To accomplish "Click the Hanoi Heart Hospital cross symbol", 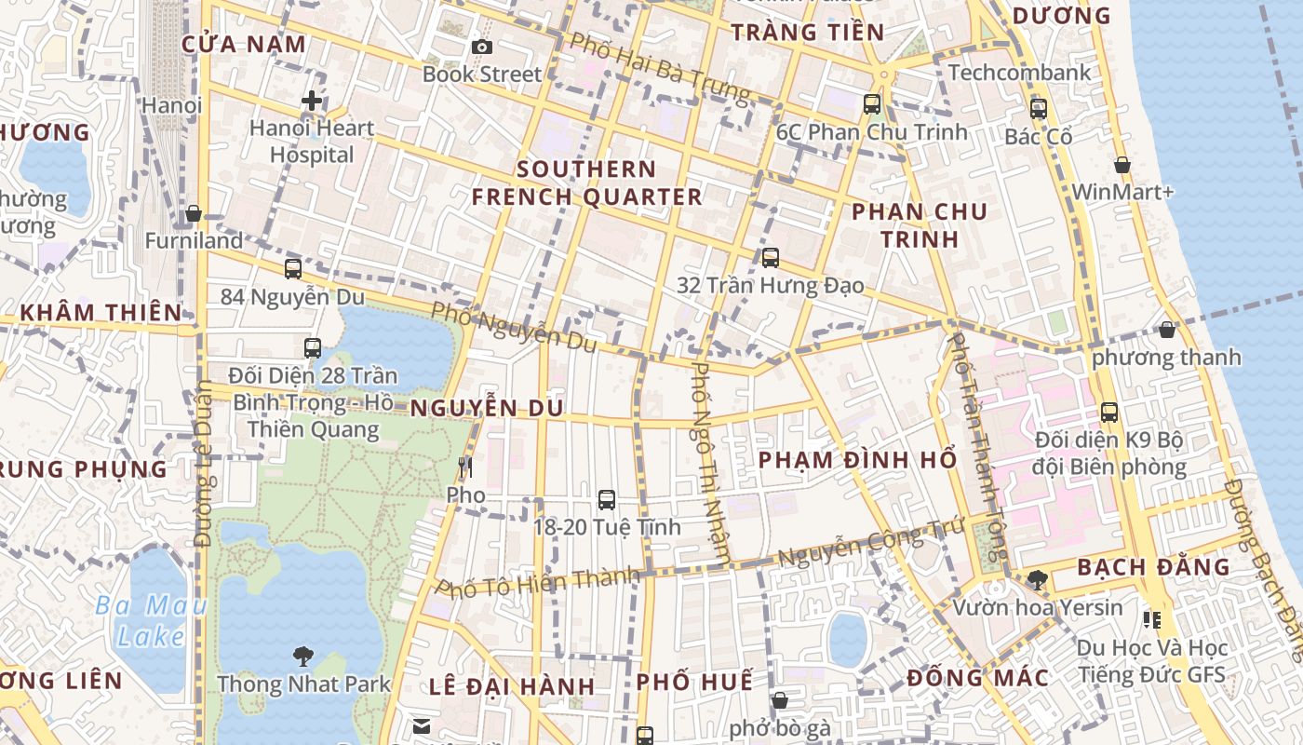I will click(x=312, y=101).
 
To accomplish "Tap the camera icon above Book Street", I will click(x=481, y=47).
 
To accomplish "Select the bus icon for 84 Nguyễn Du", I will click(x=293, y=269).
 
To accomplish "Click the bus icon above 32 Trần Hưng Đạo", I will click(x=770, y=258).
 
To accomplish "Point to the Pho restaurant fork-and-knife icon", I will click(x=465, y=467).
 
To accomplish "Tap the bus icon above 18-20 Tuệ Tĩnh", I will click(x=606, y=500).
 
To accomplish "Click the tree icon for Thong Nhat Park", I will click(x=302, y=657).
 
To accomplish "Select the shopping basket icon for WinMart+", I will click(x=1122, y=165).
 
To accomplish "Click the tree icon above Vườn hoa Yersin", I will click(x=1037, y=580).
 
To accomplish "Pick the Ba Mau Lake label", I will click(x=151, y=621).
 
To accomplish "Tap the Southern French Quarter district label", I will click(x=586, y=183).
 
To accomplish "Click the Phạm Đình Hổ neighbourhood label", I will click(x=857, y=460).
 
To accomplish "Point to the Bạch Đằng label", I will click(x=1153, y=567).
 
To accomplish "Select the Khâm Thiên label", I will click(x=101, y=312).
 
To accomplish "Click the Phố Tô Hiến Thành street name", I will click(x=539, y=582).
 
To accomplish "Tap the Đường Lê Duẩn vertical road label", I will click(x=204, y=466).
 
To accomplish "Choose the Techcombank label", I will click(x=1019, y=73).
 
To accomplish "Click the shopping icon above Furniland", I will click(x=194, y=213).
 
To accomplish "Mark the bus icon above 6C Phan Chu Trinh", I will click(x=871, y=104).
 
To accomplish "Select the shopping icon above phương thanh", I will click(x=1166, y=330).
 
